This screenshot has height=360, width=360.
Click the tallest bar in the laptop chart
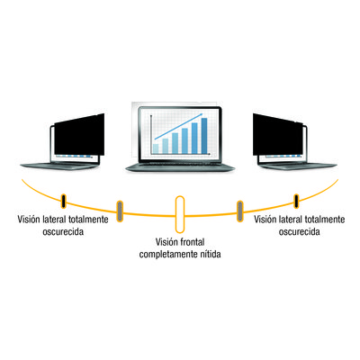pyautogui.click(x=204, y=136)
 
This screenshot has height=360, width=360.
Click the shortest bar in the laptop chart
pyautogui.click(x=156, y=148)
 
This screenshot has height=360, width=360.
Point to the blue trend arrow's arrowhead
pyautogui.click(x=201, y=115)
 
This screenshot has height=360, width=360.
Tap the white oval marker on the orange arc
pyautogui.click(x=180, y=214)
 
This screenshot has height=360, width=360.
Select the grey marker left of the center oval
pyautogui.click(x=120, y=211)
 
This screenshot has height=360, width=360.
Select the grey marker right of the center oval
pyautogui.click(x=240, y=211)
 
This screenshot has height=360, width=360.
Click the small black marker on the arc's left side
pyautogui.click(x=63, y=201)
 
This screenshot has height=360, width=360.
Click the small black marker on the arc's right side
pyautogui.click(x=296, y=201)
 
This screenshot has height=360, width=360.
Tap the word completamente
pyautogui.click(x=168, y=255)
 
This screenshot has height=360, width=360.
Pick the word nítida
pyautogui.click(x=211, y=254)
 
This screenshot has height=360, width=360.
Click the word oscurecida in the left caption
pyautogui.click(x=63, y=231)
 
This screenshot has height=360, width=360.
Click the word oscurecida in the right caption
pyautogui.click(x=300, y=231)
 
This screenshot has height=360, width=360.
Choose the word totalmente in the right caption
pyautogui.click(x=325, y=219)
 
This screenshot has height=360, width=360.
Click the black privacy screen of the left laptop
pyautogui.click(x=79, y=136)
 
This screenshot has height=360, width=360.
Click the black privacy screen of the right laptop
pyautogui.click(x=277, y=136)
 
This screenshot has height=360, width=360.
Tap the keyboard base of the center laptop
pyautogui.click(x=180, y=166)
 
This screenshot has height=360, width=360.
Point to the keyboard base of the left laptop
pyautogui.click(x=58, y=166)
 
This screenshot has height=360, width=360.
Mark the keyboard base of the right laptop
pyautogui.click(x=299, y=166)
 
